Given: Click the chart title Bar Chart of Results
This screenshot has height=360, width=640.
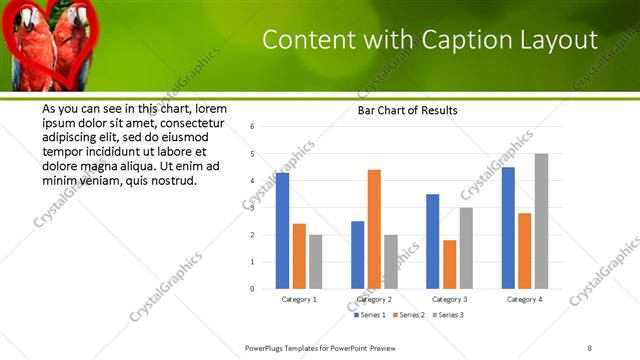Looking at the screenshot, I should (x=408, y=111).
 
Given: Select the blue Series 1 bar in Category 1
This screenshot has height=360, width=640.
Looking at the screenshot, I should (x=282, y=230).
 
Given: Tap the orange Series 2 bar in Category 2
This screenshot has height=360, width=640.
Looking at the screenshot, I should (x=374, y=229).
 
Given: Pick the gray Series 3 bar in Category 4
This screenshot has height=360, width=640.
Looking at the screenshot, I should (x=541, y=221).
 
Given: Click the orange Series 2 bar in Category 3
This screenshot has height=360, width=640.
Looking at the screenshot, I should (x=449, y=264).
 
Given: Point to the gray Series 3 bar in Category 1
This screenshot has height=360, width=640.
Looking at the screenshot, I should (x=316, y=261).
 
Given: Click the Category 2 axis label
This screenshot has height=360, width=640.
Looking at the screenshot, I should (x=374, y=299).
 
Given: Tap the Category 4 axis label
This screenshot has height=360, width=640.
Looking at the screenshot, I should (x=524, y=299).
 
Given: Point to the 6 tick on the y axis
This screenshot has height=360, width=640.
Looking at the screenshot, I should (x=253, y=127).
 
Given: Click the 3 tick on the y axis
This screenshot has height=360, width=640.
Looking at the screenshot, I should (x=253, y=208).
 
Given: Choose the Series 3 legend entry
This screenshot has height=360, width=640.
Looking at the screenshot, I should (x=448, y=315).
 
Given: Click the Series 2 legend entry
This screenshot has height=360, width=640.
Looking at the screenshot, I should (x=411, y=315).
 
